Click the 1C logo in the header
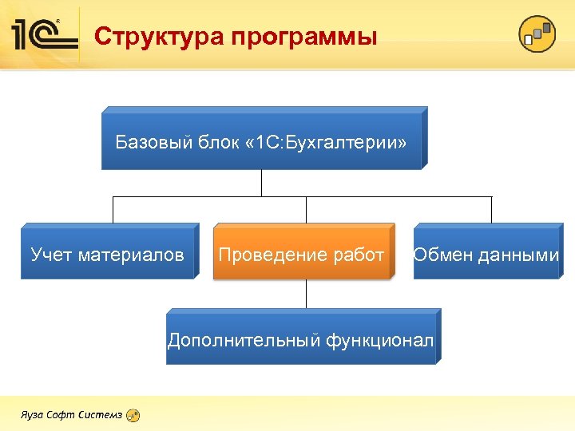44,34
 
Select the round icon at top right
537,34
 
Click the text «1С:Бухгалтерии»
328,143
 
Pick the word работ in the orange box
360,255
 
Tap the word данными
519,255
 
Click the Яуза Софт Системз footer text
72,415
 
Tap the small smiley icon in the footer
133,415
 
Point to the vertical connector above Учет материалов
113,209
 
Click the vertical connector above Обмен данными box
491,209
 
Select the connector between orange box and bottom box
307,295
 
